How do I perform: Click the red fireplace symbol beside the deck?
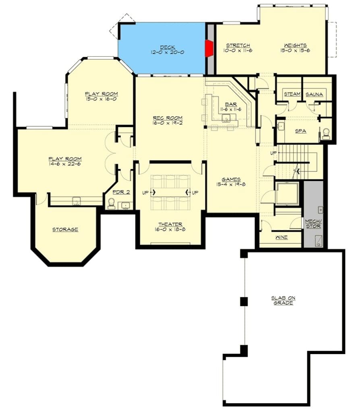click(x=209, y=48)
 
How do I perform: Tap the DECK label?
click(x=168, y=47)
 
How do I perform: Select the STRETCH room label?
click(x=238, y=45)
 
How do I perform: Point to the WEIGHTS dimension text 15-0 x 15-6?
click(x=295, y=50)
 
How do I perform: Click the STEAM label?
click(x=292, y=94)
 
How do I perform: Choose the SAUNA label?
click(x=314, y=94)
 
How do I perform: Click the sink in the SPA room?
click(x=281, y=126)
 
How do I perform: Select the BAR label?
click(x=231, y=104)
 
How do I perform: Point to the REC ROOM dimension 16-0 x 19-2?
click(x=168, y=123)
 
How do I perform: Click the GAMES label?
click(x=231, y=179)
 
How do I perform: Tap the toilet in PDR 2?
click(x=112, y=204)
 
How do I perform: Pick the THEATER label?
click(x=170, y=225)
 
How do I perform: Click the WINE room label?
click(x=281, y=237)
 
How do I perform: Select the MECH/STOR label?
click(x=313, y=224)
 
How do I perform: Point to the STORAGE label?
click(x=65, y=229)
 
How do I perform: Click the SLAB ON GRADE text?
click(x=283, y=300)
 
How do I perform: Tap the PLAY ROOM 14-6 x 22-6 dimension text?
click(x=65, y=164)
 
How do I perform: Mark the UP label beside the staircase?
click(x=273, y=153)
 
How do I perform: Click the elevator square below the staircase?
click(x=287, y=193)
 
